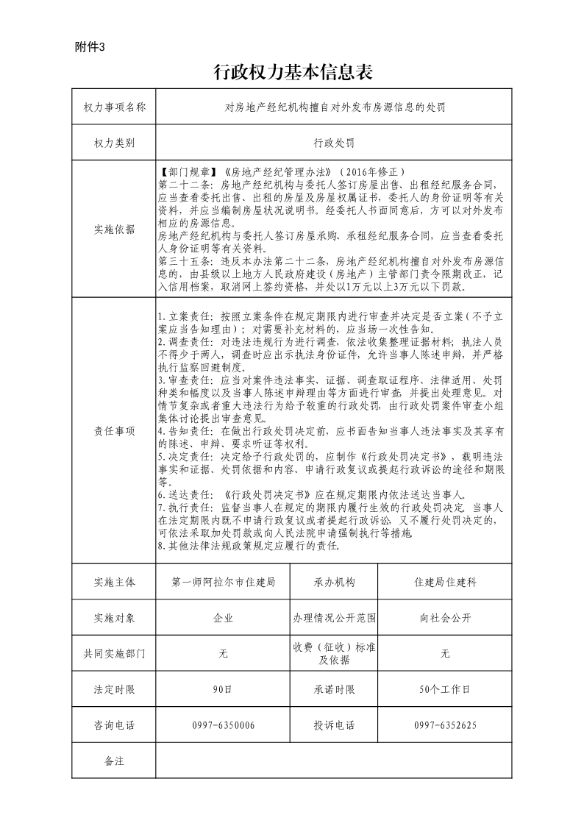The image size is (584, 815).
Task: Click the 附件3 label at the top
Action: pyautogui.click(x=90, y=49)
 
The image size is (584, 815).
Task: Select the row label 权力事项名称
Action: pyautogui.click(x=115, y=107)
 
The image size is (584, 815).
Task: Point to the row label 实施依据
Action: pyautogui.click(x=115, y=229)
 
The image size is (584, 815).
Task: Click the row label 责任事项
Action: pyautogui.click(x=115, y=432)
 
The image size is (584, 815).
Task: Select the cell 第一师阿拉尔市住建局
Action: pyautogui.click(x=223, y=582)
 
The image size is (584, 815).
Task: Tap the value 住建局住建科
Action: pyautogui.click(x=445, y=582)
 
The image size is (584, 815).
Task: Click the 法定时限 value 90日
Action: pyautogui.click(x=223, y=690)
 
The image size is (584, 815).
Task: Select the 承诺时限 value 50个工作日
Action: pyautogui.click(x=445, y=690)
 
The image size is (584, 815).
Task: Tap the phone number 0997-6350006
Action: pyautogui.click(x=223, y=725)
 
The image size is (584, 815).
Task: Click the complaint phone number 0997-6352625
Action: pyautogui.click(x=445, y=725)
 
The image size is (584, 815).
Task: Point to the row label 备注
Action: pyautogui.click(x=115, y=761)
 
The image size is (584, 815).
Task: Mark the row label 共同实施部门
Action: pyautogui.click(x=115, y=653)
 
